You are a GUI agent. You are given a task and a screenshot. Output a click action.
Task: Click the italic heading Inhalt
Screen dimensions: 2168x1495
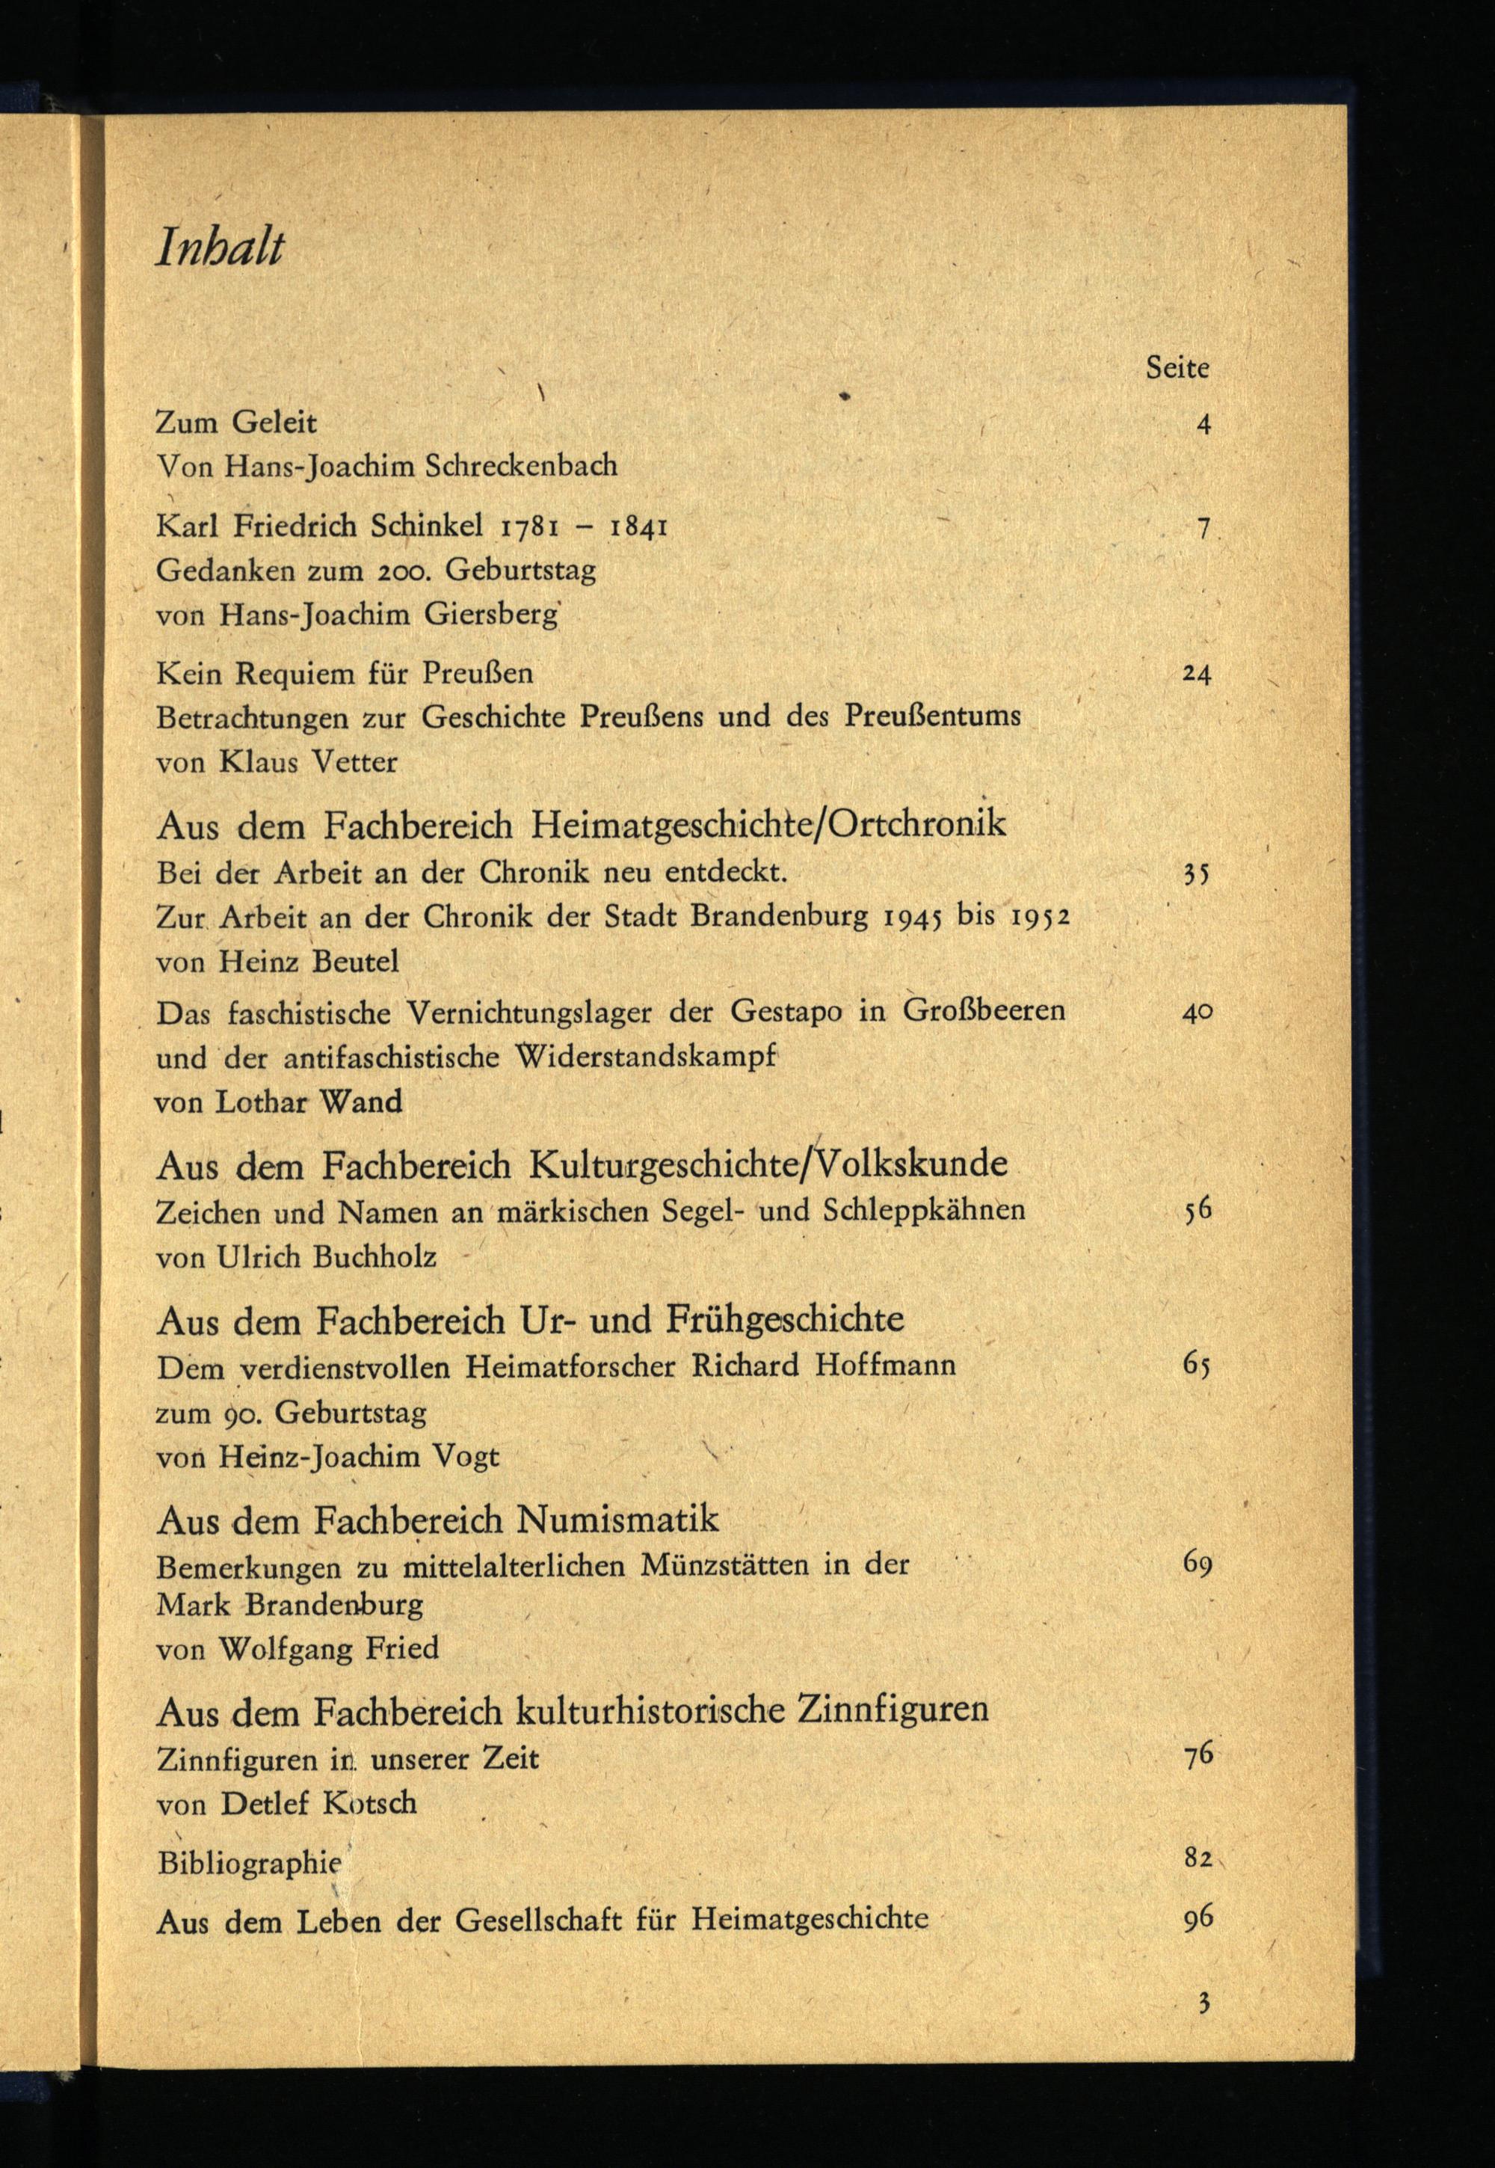219,248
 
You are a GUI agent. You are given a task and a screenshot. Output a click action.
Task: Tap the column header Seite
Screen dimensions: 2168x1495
1177,367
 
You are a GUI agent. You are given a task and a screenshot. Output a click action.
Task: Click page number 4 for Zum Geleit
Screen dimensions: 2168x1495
1203,425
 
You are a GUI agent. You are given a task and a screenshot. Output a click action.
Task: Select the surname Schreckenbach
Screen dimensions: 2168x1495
521,466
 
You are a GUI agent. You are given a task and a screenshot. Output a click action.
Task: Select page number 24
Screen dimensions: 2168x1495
1197,674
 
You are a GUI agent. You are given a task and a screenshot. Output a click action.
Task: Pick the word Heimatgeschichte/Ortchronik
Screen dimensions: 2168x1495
768,823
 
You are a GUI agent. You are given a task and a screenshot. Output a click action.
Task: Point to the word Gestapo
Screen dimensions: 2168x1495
792,1012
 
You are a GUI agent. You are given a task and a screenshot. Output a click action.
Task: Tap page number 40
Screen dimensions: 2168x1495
1197,1012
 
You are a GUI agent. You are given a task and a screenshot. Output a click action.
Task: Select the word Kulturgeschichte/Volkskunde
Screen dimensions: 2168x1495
768,1164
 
